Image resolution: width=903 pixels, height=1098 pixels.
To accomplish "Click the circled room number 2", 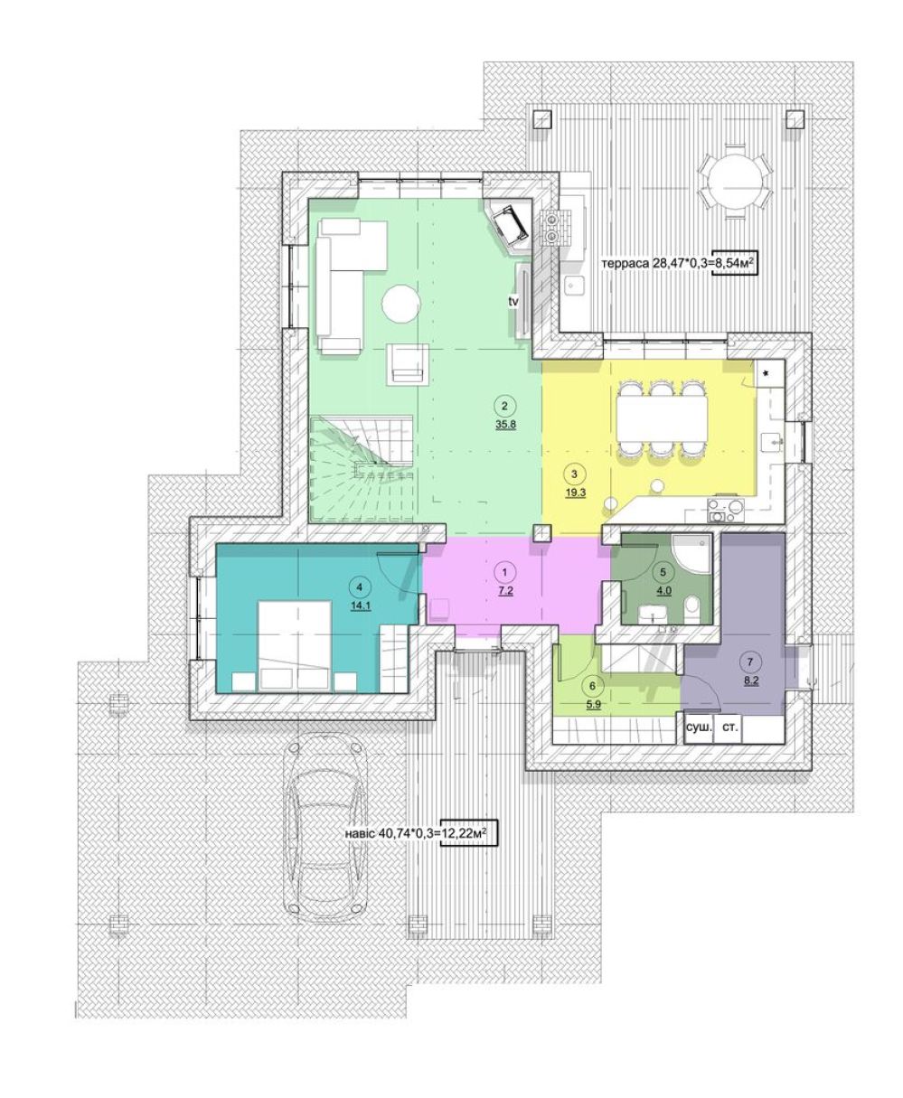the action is click(x=503, y=406).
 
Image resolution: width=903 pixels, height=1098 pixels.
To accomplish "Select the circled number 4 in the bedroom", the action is click(x=359, y=587).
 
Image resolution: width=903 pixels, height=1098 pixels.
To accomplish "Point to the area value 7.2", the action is click(x=504, y=590).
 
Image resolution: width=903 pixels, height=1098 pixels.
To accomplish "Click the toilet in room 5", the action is click(x=693, y=606).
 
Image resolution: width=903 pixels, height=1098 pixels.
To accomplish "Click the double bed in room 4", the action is click(x=296, y=646).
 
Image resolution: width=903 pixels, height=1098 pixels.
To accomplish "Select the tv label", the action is click(x=513, y=302).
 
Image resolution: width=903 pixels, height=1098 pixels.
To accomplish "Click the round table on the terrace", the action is click(x=734, y=182).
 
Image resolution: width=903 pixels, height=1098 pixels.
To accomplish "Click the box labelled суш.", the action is click(x=699, y=727).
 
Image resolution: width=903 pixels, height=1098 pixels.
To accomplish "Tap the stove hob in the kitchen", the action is click(x=726, y=510).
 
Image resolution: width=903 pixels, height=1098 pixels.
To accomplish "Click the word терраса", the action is click(x=625, y=264).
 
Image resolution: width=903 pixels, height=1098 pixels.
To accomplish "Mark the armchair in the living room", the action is click(x=408, y=364).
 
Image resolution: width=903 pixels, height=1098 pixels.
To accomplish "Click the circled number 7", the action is click(x=749, y=662).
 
